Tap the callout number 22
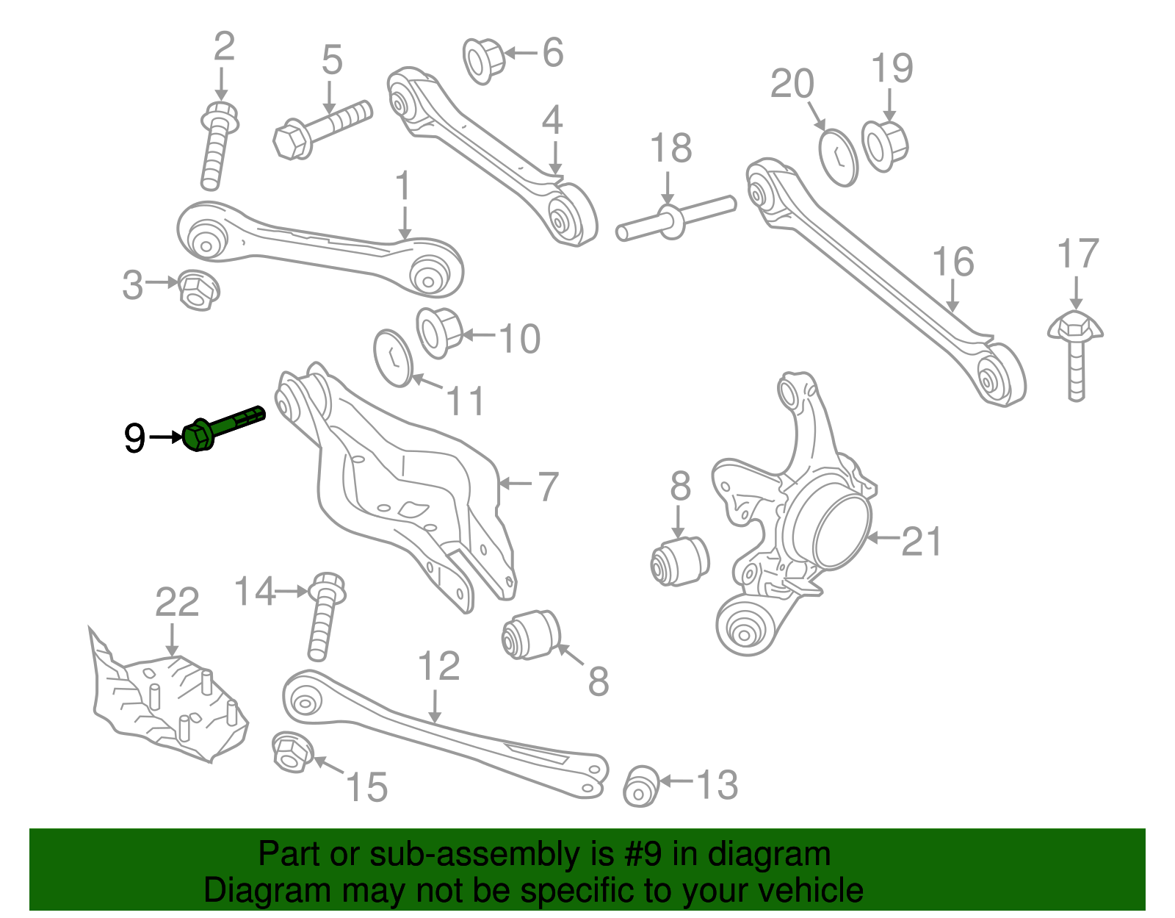pos(177,603)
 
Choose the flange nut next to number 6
pos(484,60)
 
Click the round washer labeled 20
pos(838,157)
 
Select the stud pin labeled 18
pos(673,219)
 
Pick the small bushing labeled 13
pos(641,786)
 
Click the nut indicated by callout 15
pos(292,752)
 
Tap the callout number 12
pos(438,667)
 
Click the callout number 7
pos(548,487)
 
